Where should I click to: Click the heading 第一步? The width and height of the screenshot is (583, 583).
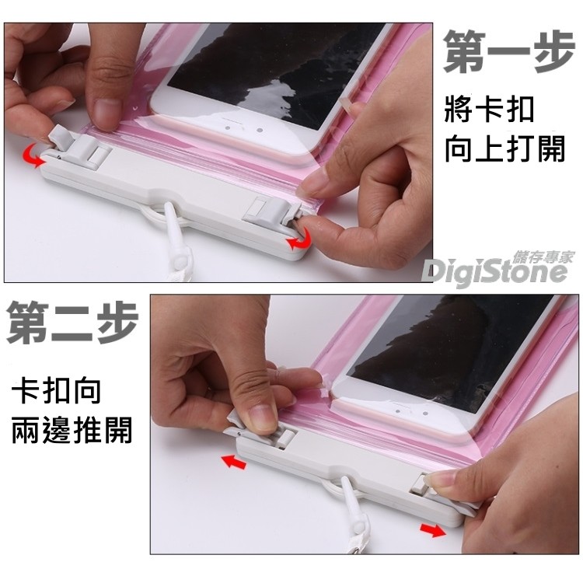tap(508, 51)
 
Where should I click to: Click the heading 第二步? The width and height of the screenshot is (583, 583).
tap(72, 321)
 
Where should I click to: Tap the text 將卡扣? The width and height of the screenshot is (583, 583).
tap(489, 109)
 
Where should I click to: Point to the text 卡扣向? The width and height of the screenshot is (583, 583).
tap(56, 391)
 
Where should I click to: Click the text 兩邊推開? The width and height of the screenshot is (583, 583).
tap(72, 430)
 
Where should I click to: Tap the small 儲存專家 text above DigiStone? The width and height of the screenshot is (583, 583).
tap(543, 257)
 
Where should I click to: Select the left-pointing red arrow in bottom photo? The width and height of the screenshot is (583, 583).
tap(234, 463)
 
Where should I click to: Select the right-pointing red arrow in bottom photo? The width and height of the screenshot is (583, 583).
tap(433, 529)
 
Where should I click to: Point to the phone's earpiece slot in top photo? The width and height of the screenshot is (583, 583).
tap(234, 120)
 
